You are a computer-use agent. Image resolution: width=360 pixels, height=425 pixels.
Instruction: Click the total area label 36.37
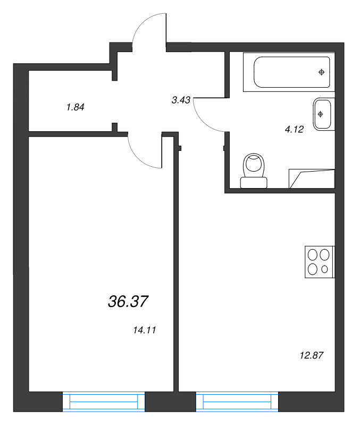click(x=128, y=302)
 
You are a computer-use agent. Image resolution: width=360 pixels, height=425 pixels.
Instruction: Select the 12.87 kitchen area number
click(x=312, y=353)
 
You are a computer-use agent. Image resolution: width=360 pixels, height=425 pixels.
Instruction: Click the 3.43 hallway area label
click(x=181, y=99)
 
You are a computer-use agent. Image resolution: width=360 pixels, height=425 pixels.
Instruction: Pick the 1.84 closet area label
click(x=76, y=107)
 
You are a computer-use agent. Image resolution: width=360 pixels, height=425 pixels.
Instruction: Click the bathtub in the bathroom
click(x=291, y=72)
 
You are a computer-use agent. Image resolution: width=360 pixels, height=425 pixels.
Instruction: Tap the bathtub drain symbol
click(x=321, y=72)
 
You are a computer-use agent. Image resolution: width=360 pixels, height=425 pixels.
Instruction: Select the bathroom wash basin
click(x=323, y=114)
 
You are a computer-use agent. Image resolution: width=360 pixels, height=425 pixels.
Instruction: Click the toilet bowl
click(x=254, y=165)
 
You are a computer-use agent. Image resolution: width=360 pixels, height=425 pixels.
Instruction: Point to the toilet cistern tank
click(x=254, y=183)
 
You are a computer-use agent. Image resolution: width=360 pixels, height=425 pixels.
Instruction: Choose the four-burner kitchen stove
click(x=319, y=262)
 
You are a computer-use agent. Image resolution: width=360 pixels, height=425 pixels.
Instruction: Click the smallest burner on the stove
click(x=325, y=270)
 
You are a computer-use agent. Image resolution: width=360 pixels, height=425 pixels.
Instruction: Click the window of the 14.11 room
click(x=104, y=402)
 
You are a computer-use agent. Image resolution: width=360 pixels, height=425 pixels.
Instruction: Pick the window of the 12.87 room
click(x=237, y=402)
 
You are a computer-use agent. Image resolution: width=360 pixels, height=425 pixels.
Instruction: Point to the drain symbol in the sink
click(x=321, y=113)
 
